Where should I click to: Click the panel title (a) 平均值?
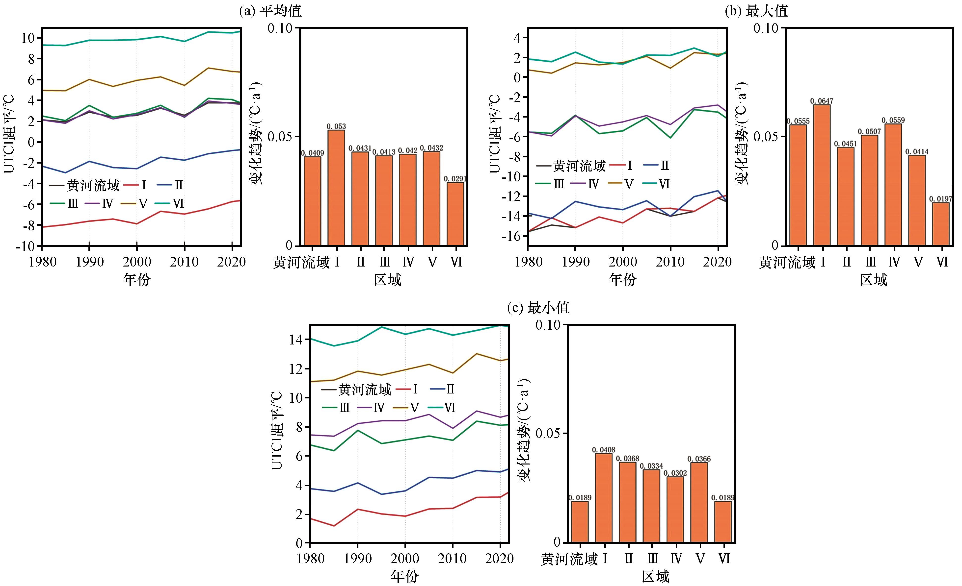click(270, 11)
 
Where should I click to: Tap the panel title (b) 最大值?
click(756, 11)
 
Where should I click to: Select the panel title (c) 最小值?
click(538, 308)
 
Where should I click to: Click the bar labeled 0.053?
click(336, 187)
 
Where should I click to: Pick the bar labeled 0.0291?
click(455, 214)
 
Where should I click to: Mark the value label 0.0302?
click(675, 473)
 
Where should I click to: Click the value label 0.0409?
click(312, 153)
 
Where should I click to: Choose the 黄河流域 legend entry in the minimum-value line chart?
click(356, 389)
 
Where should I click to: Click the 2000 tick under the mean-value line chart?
click(137, 261)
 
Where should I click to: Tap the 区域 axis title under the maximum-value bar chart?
click(873, 279)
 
